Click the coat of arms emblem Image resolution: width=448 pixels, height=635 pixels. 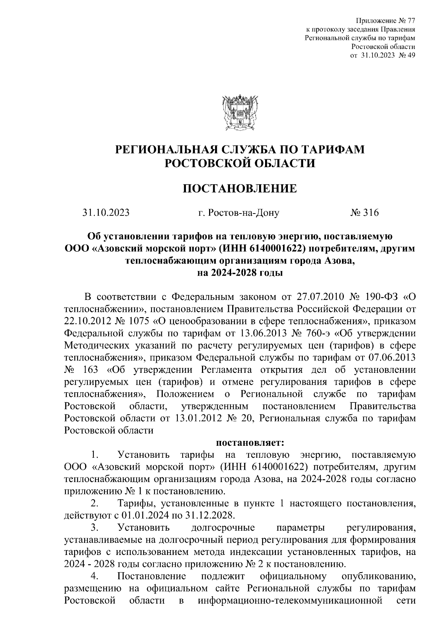pos(239,111)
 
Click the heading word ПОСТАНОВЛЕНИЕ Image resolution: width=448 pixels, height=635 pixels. pos(239,188)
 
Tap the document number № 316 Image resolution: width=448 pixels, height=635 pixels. pos(364,213)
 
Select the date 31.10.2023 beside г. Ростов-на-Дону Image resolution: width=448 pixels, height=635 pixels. pos(106,213)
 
